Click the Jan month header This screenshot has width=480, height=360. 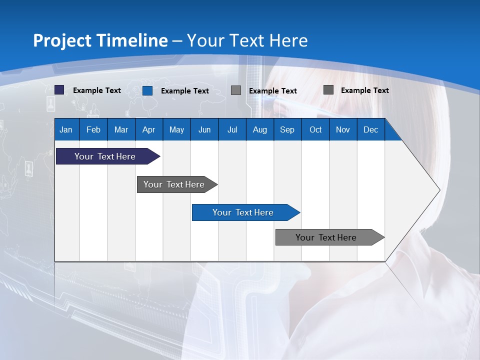[66, 129]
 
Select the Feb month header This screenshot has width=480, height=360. [93, 129]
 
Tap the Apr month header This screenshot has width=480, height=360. [148, 129]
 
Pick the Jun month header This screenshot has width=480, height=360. [204, 129]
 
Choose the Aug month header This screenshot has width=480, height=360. [259, 129]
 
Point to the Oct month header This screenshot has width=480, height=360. [315, 129]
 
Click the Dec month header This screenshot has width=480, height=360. [370, 129]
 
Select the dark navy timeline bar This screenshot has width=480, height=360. [105, 156]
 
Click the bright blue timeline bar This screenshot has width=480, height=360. [243, 212]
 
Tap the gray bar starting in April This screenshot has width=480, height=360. [174, 184]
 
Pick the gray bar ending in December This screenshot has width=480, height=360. [326, 237]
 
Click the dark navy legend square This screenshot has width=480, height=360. [59, 90]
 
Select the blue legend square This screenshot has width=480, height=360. [147, 90]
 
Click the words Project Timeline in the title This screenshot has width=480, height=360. [100, 40]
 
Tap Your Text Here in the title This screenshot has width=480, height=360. [247, 40]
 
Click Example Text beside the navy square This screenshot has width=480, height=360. [97, 90]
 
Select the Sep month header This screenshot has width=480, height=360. [287, 129]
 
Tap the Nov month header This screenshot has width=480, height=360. [343, 129]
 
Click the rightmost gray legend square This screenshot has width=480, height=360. [328, 90]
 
